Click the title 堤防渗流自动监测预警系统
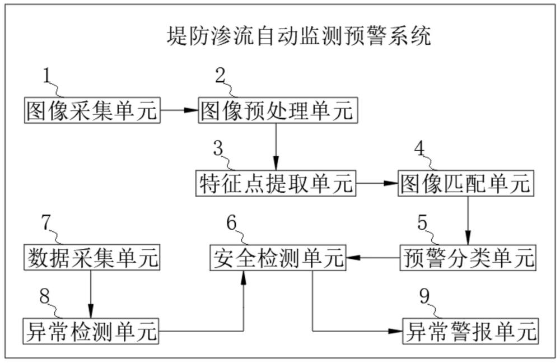click(x=300, y=38)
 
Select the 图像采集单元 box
click(x=92, y=110)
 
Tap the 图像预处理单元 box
click(x=277, y=110)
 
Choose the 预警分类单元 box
click(x=468, y=258)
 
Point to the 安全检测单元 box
click(x=278, y=258)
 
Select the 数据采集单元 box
click(x=92, y=258)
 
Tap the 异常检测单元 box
click(x=91, y=331)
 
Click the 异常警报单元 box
click(x=470, y=331)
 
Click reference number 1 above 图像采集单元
click(x=48, y=76)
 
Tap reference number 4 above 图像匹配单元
click(x=420, y=148)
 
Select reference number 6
click(x=232, y=222)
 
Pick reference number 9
click(x=426, y=296)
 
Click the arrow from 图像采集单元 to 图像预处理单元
click(x=179, y=110)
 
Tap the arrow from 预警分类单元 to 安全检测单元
click(x=374, y=258)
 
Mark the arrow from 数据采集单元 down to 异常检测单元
click(x=91, y=294)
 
